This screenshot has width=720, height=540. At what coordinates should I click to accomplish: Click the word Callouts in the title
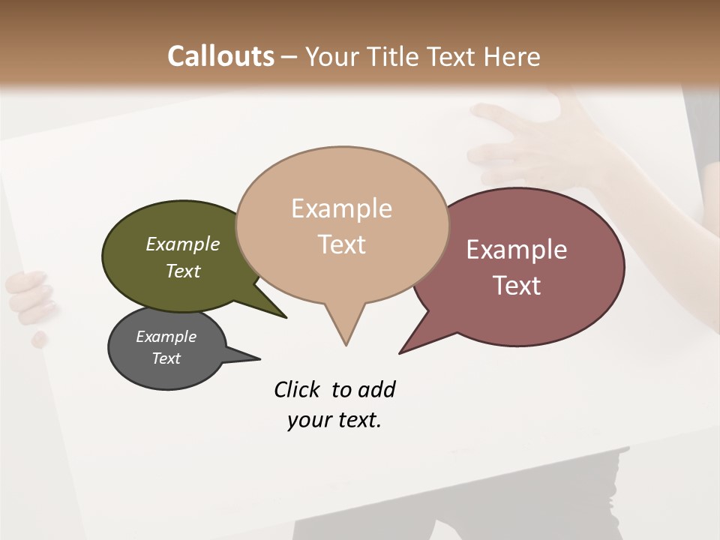pos(220,56)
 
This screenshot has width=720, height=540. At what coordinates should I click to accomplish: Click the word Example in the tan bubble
pos(341,208)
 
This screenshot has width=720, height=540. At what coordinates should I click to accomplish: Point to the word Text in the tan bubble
pos(341,244)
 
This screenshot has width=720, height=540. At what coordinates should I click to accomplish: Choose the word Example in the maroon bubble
pos(517,250)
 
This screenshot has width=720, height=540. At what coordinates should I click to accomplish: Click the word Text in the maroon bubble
pos(517,286)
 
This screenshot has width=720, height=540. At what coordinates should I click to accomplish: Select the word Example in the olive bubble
pos(183,244)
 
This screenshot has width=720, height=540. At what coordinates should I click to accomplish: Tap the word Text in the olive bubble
pos(183,271)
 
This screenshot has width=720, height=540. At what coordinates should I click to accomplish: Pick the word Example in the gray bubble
pos(166,337)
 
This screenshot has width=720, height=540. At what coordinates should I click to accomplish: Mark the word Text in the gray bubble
pos(166,358)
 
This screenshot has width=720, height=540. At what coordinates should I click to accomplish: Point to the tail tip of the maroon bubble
pos(402,351)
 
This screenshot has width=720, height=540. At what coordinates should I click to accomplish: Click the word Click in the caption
pos(297,390)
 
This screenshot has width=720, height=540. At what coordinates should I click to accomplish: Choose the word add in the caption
pos(376,390)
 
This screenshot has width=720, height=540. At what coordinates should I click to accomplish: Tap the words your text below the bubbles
pos(334,421)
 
